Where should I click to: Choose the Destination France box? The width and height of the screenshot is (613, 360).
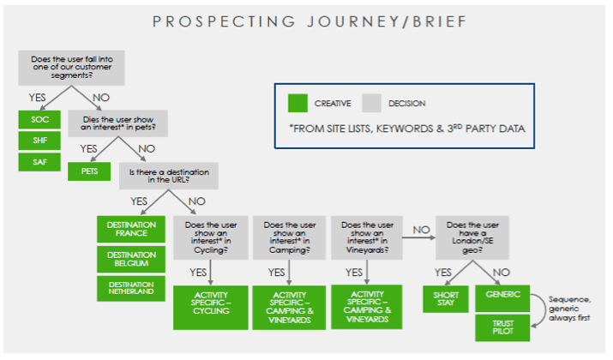131,229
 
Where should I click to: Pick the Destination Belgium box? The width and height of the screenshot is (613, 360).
131,260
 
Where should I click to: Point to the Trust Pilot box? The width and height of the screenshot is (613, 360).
503,327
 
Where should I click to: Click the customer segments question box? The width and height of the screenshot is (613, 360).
69,67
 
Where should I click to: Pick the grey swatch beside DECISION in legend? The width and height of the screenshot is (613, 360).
371,104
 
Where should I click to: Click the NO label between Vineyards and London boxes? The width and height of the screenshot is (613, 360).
420,229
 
